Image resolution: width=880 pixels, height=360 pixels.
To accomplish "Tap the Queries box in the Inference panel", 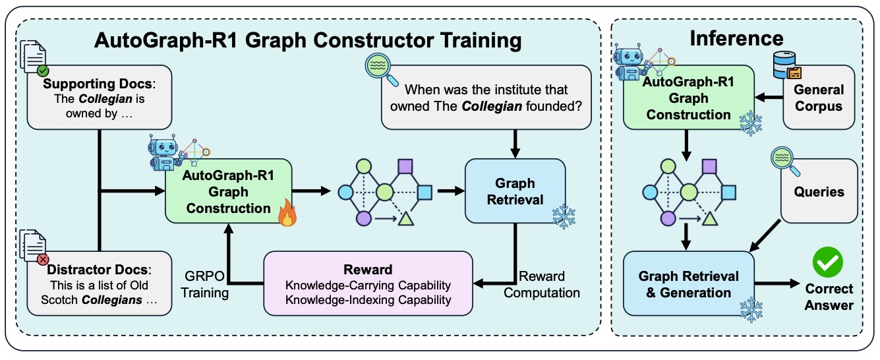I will [819, 191].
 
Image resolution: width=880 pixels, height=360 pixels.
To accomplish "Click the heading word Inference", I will [736, 40].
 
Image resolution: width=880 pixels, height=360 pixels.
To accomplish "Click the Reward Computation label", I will [543, 284].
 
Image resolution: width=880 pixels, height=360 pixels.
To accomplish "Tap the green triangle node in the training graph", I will [403, 218].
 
